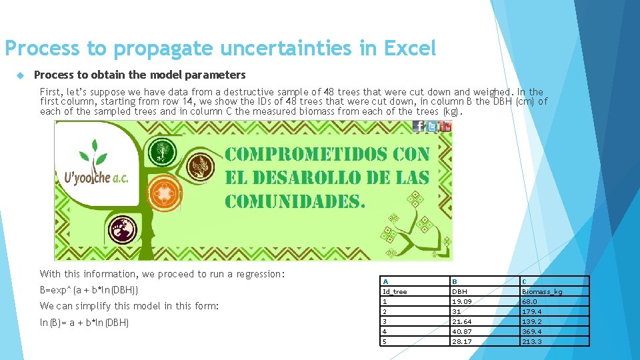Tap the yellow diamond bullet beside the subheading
pyautogui.click(x=20, y=75)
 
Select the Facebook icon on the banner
pyautogui.click(x=419, y=127)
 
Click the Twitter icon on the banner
pyautogui.click(x=432, y=127)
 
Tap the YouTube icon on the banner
pyautogui.click(x=445, y=127)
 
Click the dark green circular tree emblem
pyautogui.click(x=162, y=151)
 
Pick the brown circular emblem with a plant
pyautogui.click(x=198, y=166)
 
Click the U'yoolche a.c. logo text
pyautogui.click(x=96, y=178)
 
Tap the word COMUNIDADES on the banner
pyautogui.click(x=295, y=201)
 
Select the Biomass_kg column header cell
pyautogui.click(x=542, y=291)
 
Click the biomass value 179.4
pyautogui.click(x=532, y=311)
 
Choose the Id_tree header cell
pyautogui.click(x=395, y=291)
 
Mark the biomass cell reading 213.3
pyautogui.click(x=532, y=341)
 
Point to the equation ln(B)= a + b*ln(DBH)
pyautogui.click(x=84, y=323)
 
